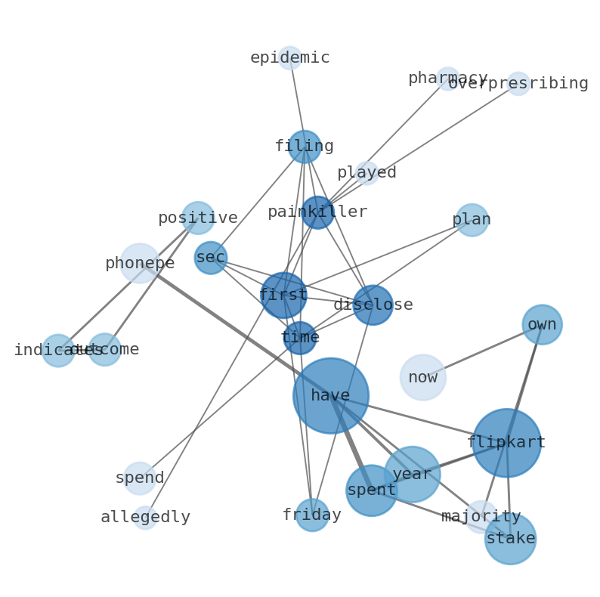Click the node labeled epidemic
(x=289, y=58)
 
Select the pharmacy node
(x=448, y=79)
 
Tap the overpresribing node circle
(x=518, y=84)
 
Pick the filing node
(x=305, y=147)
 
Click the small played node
(x=367, y=173)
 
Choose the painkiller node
(x=318, y=212)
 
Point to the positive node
(x=198, y=218)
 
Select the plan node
(x=472, y=220)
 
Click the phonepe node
(x=140, y=263)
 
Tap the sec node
(x=211, y=258)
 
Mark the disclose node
(x=373, y=305)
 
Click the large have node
(x=331, y=395)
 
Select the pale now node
(x=423, y=377)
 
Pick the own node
(x=542, y=324)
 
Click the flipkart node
(x=506, y=443)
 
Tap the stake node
(x=510, y=539)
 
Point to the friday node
(x=312, y=515)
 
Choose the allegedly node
(x=145, y=518)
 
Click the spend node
(x=140, y=478)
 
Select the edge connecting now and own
(x=482, y=351)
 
